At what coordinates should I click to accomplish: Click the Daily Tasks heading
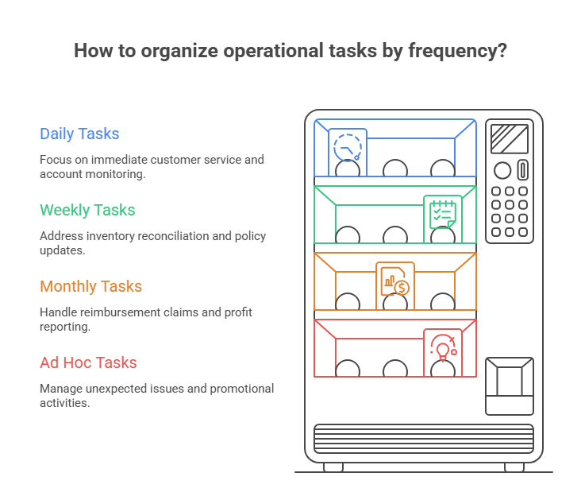[79, 134]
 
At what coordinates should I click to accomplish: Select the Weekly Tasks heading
[87, 211]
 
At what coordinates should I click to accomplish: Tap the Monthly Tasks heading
[90, 286]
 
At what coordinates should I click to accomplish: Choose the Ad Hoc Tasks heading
[88, 362]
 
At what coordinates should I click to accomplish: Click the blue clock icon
[348, 147]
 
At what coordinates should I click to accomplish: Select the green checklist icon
[443, 215]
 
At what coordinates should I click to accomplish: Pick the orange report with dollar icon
[395, 281]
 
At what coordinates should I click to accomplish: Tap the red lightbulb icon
[443, 347]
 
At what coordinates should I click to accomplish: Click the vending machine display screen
[510, 139]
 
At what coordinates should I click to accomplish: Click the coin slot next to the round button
[523, 170]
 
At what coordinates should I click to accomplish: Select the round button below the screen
[502, 171]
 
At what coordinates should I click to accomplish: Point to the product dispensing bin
[510, 386]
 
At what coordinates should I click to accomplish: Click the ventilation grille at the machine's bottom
[424, 439]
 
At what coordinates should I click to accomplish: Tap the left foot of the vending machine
[333, 467]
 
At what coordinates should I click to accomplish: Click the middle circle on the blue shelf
[395, 169]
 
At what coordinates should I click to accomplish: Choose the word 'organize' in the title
[179, 51]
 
